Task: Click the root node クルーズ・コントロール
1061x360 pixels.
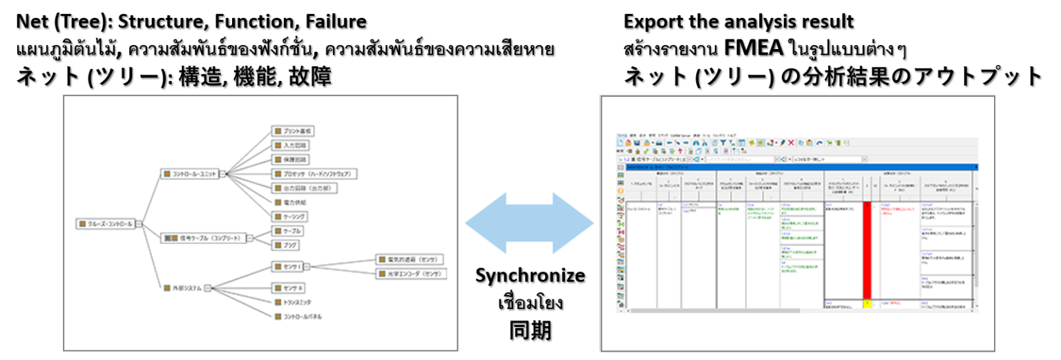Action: coord(106,224)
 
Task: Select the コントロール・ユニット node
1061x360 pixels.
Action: coord(189,173)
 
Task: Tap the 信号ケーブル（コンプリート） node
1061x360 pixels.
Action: coord(204,238)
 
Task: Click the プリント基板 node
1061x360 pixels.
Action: coord(294,131)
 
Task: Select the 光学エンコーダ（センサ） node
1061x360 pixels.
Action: coord(410,274)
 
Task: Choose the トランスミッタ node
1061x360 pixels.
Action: coord(293,302)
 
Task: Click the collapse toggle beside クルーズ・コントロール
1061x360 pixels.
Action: coord(139,224)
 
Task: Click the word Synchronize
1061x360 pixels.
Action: coord(530,276)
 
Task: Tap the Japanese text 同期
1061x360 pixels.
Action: coord(530,330)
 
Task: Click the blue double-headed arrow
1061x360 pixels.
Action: coord(530,223)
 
